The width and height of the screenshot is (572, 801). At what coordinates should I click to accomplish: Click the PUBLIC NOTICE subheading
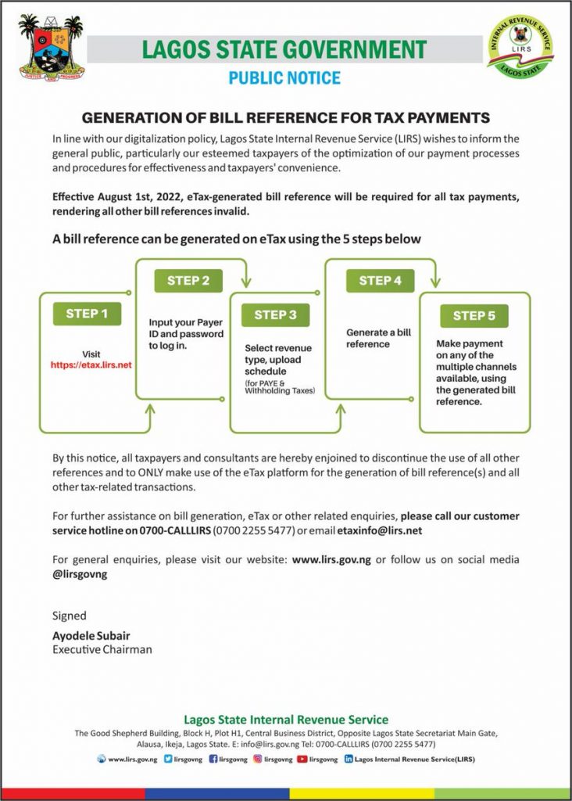click(x=284, y=78)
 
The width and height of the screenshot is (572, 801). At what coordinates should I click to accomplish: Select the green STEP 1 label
click(x=87, y=314)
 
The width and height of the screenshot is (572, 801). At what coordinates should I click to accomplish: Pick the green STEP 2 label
click(x=188, y=281)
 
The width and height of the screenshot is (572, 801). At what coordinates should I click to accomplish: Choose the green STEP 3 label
click(x=275, y=315)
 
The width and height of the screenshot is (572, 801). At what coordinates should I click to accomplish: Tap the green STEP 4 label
click(x=380, y=281)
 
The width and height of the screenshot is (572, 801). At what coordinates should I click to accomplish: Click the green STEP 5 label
click(x=474, y=316)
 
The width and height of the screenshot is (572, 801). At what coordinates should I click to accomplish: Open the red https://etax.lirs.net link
click(x=91, y=365)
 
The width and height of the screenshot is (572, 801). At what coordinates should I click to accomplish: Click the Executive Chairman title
click(x=102, y=649)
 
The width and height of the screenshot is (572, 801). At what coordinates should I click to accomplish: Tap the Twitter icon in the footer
click(x=169, y=759)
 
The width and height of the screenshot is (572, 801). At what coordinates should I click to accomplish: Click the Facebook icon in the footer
click(x=213, y=759)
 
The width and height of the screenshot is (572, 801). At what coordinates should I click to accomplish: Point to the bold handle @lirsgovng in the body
click(x=80, y=574)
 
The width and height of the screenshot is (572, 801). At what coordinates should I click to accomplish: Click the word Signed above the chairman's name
click(x=70, y=616)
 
